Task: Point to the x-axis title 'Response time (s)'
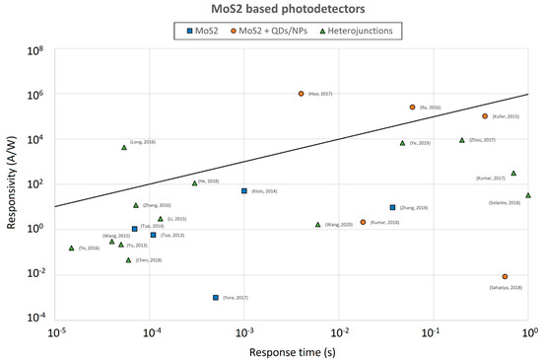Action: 293,351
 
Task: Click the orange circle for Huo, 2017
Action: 301,94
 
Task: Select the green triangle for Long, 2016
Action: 124,147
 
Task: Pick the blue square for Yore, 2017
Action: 215,297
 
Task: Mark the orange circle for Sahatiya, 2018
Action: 505,277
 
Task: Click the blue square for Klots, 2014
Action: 243,190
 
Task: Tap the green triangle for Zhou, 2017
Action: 462,140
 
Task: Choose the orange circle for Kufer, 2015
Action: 485,116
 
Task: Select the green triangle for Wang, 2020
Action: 317,224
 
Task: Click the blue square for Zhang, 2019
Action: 392,207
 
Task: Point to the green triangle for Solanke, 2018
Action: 528,195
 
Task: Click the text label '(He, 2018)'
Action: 208,181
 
